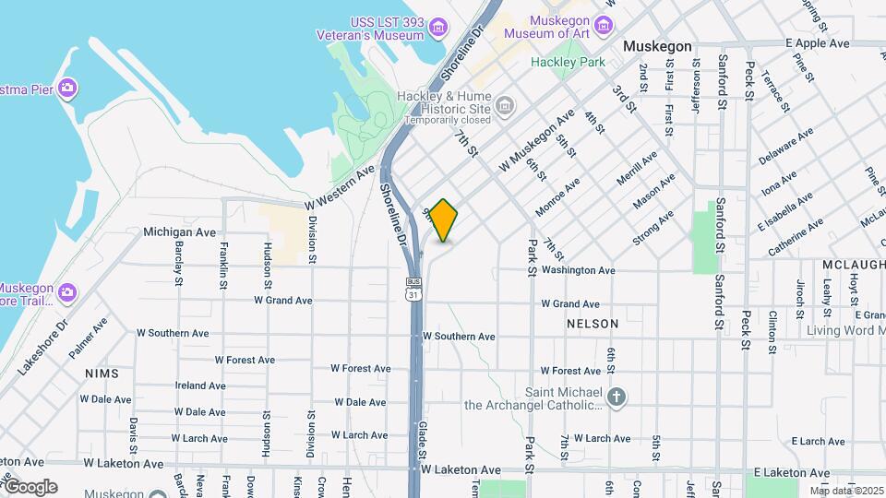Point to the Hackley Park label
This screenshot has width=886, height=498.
pos(568,62)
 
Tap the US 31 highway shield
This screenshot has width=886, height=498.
pos(413,290)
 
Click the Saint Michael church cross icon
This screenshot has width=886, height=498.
pos(617,397)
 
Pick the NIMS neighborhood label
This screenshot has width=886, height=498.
pos(102,373)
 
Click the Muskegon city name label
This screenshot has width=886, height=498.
pos(657,45)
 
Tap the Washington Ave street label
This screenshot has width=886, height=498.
pos(578,270)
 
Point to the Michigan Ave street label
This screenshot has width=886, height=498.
pos(179,232)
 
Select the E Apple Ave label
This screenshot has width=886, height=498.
pos(817,43)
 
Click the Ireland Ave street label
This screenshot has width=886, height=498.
pos(200,385)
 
